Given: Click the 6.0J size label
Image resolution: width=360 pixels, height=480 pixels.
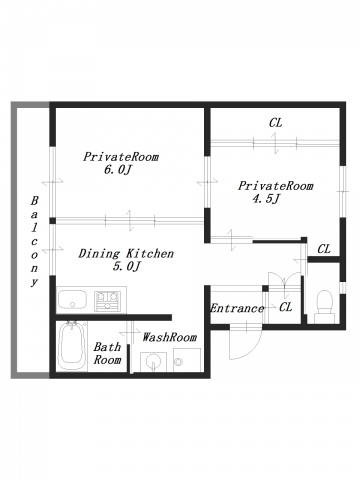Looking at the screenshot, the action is coord(118,170).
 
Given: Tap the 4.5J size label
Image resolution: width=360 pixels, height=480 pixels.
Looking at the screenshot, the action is coord(266,199).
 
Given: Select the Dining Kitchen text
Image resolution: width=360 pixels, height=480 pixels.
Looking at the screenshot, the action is coord(126,254).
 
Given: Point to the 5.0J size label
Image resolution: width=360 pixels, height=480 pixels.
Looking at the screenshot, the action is coord(125,267).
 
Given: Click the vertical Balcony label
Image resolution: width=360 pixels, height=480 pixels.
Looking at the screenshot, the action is coord(34,242).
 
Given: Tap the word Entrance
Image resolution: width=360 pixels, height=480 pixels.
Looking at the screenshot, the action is coord(237,308).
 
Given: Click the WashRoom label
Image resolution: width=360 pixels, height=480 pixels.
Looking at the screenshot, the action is coord(169,337).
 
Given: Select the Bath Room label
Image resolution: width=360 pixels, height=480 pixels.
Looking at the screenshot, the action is coord(107,353).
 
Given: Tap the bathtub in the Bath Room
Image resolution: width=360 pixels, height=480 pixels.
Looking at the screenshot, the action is coord(72,346).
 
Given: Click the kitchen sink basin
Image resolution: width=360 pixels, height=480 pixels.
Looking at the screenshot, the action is coord(72,299).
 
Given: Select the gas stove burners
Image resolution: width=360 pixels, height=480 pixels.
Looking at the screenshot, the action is coord(107,301).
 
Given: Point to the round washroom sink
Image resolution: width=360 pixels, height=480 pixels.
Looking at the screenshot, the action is coord(153,361).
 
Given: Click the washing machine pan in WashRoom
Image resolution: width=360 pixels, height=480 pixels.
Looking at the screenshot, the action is coord(187,360).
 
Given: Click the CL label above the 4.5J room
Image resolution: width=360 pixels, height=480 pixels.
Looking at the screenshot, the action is coord(276,123).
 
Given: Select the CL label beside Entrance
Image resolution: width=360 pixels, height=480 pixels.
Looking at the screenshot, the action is coord(286,307).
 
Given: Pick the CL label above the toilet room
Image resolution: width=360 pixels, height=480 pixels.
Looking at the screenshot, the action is coord(324,249).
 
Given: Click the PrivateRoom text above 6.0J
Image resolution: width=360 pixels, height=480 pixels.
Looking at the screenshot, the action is coord(121,157).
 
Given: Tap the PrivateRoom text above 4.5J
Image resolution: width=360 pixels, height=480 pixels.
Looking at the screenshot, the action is coord(275,186).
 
